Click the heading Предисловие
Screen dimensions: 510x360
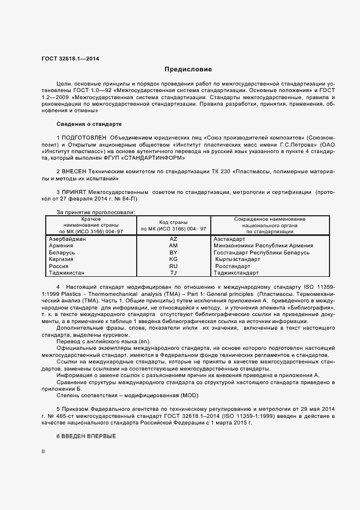click(188, 70)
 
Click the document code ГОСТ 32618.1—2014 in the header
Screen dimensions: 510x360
click(66, 59)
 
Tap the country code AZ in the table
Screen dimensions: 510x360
click(173, 239)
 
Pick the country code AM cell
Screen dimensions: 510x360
click(173, 246)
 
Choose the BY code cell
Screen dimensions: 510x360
click(173, 253)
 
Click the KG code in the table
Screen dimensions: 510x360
click(173, 259)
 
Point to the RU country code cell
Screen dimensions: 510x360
click(173, 266)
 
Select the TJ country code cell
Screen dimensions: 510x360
click(173, 272)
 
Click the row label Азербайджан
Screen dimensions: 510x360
click(67, 239)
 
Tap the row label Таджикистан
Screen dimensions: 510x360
click(67, 272)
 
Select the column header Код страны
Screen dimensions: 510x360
click(173, 222)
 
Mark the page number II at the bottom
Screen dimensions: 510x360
click(44, 452)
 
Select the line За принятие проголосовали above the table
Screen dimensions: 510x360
click(96, 212)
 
